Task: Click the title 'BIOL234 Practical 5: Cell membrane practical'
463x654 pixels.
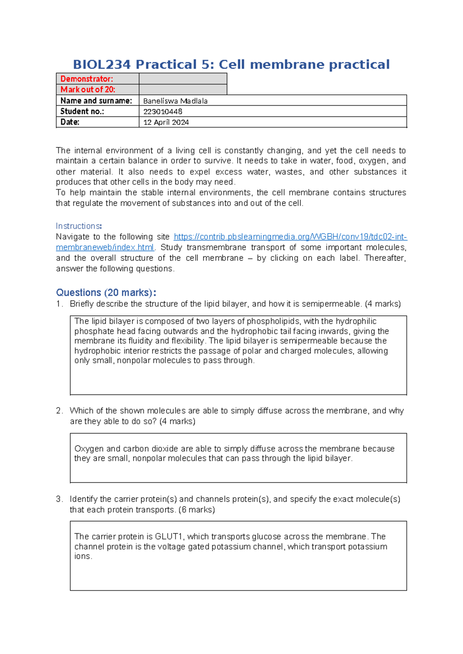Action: pyautogui.click(x=231, y=64)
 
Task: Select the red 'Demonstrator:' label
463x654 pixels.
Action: pyautogui.click(x=87, y=79)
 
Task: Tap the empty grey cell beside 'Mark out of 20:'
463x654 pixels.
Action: pyautogui.click(x=182, y=89)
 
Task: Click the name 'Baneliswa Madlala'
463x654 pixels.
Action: pyautogui.click(x=175, y=101)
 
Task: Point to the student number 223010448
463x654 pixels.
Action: pyautogui.click(x=163, y=111)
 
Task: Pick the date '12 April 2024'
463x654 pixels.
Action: pyautogui.click(x=166, y=122)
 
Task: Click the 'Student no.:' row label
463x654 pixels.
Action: pyautogui.click(x=82, y=111)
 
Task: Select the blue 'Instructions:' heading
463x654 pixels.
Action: pyautogui.click(x=79, y=226)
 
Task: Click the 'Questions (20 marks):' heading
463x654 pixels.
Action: pyautogui.click(x=106, y=292)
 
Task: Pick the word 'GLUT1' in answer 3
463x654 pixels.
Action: pyautogui.click(x=169, y=536)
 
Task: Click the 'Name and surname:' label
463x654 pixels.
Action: pyautogui.click(x=96, y=101)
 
